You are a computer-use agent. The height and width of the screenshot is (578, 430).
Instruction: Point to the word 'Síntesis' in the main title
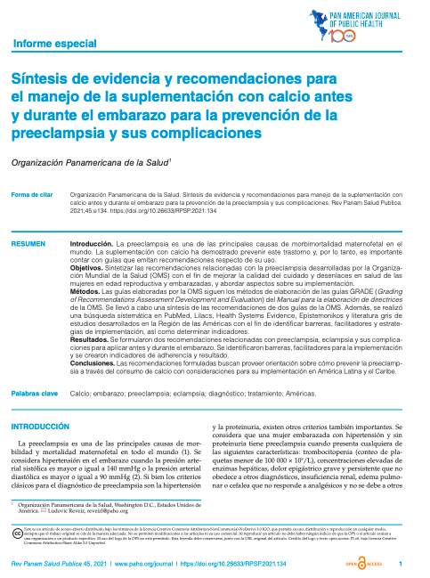41,80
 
